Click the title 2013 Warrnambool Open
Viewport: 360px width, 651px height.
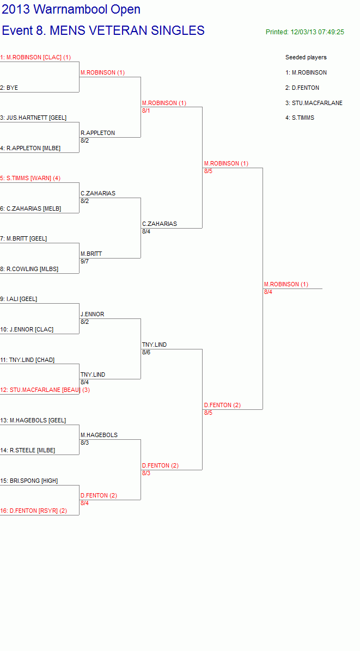[71, 9]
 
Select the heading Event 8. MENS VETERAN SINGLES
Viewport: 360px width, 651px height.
[103, 30]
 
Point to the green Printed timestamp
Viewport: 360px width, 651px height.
[305, 32]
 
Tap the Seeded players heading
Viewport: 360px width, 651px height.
[306, 57]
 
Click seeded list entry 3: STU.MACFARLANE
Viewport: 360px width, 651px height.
[314, 103]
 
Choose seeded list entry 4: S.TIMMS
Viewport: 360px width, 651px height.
[300, 118]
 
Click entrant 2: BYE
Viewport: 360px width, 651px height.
[9, 88]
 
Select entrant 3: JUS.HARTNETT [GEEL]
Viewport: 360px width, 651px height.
[33, 118]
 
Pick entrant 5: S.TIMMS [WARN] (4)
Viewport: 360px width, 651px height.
[30, 178]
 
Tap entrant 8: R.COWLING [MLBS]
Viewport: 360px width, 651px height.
[29, 269]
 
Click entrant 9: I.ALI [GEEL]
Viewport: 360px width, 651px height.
[19, 299]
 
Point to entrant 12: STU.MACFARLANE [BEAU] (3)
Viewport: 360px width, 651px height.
[45, 390]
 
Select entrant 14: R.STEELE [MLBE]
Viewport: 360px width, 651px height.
[27, 450]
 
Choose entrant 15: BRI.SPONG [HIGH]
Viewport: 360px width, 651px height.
[29, 481]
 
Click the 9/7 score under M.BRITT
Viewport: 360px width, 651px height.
[85, 261]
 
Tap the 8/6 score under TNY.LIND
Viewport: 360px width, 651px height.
[146, 352]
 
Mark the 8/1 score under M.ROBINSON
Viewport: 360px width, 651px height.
[146, 110]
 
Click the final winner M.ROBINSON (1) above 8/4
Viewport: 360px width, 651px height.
[286, 284]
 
